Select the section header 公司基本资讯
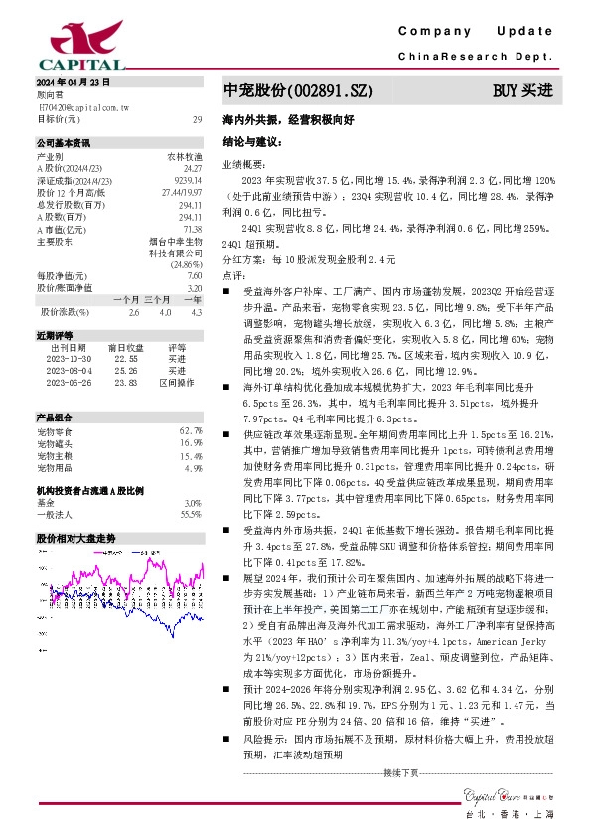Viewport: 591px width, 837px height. [x=63, y=143]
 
